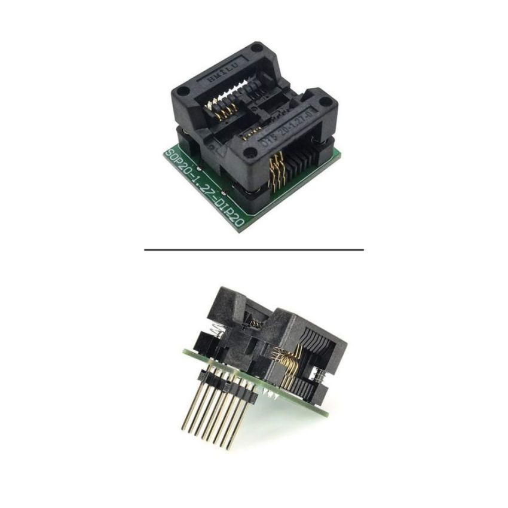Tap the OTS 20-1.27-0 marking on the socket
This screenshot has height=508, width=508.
pyautogui.click(x=293, y=125)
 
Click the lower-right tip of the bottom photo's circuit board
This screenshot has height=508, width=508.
pyautogui.click(x=326, y=415)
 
